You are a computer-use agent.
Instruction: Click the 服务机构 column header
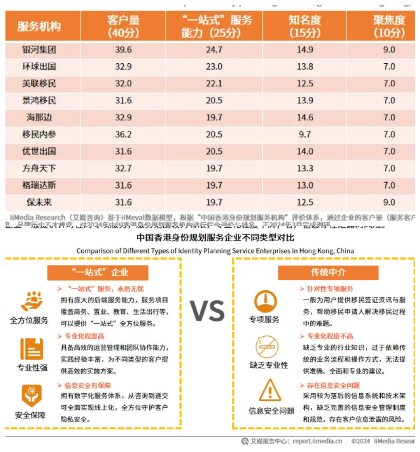pos(39,26)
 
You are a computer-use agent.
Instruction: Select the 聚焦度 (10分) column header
pos(389,26)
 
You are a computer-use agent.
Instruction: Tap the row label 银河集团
pos(39,50)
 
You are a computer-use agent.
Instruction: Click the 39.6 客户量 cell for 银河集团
pos(123,50)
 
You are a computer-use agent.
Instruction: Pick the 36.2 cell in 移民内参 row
pos(123,134)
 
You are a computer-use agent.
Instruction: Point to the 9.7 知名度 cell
pos(305,134)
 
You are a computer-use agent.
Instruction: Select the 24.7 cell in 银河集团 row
pos(214,50)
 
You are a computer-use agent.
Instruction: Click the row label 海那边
pos(39,117)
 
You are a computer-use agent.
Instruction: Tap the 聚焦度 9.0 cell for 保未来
pos(389,202)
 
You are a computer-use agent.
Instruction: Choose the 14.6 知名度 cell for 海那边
pos(305,117)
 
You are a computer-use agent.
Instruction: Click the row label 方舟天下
pos(39,168)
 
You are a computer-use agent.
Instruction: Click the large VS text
pos(207,311)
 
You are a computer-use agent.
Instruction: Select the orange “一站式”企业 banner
pos(98,272)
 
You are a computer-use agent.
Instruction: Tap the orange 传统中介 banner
pos(328,272)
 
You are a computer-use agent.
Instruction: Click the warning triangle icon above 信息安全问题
pos(269,390)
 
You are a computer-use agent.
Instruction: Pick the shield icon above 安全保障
pos(31,395)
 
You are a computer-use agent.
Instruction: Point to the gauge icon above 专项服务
pos(265,302)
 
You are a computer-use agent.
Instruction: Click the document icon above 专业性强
pos(32,349)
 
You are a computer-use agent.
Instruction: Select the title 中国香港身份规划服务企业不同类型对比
pos(215,237)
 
